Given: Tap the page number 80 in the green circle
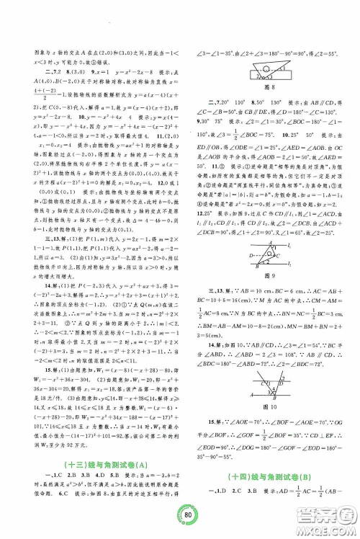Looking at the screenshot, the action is [180, 514].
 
